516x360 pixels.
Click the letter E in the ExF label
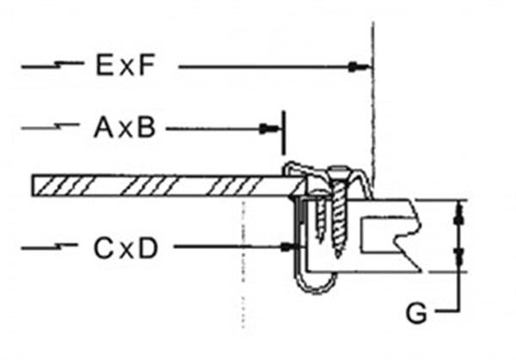click(104, 65)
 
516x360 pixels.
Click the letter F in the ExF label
click(146, 65)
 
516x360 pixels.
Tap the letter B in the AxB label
click(146, 128)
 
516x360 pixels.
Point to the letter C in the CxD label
click(104, 248)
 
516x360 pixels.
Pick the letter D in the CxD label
click(148, 248)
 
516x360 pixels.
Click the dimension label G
click(416, 314)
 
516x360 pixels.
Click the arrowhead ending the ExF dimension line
click(359, 67)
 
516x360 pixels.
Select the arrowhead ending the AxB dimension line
click(269, 129)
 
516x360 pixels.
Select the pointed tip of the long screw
click(339, 255)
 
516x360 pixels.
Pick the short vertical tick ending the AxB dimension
click(283, 133)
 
